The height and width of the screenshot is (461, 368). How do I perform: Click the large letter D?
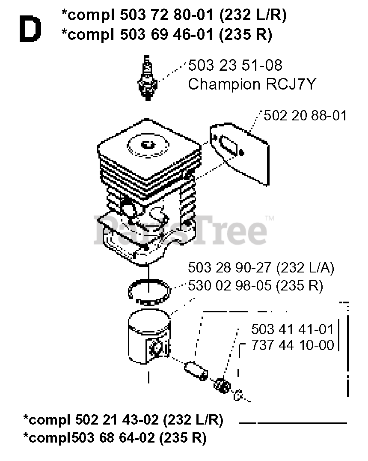(x=30, y=30)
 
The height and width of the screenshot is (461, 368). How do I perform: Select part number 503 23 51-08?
(x=235, y=66)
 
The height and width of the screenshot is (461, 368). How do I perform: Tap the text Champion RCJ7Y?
(x=252, y=84)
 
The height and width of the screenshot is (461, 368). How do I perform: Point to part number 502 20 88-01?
(x=305, y=116)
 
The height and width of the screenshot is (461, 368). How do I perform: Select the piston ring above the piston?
(x=150, y=291)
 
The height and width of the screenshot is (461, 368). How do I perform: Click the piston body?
(x=148, y=338)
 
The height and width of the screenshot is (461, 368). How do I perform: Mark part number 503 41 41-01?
(x=292, y=329)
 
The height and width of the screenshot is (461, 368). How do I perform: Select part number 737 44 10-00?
(x=292, y=345)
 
